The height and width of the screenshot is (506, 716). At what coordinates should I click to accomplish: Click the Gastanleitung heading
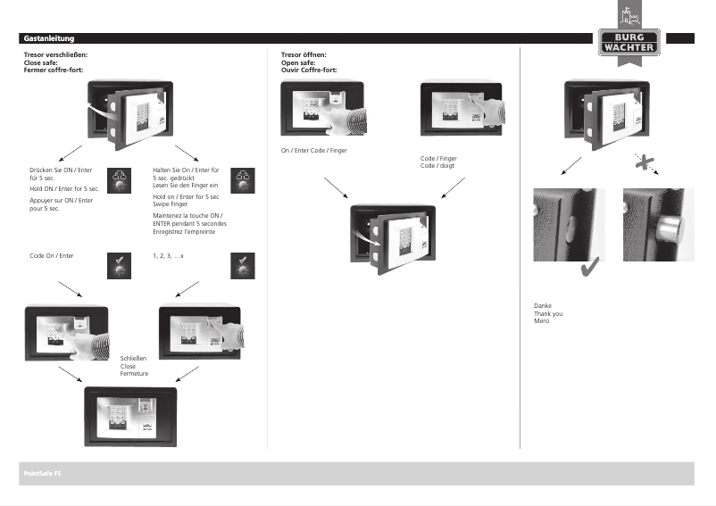pos(49,38)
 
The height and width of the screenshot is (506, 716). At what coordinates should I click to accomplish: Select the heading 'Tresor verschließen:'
pos(54,55)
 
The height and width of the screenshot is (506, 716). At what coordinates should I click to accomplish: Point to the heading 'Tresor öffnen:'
pos(304,55)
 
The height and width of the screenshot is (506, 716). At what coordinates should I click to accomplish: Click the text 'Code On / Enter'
pos(51,256)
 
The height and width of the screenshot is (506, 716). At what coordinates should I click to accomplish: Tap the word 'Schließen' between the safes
pos(133,358)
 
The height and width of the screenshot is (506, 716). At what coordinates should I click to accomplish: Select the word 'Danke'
pos(542,305)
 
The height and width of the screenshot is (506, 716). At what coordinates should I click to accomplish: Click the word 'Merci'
pos(542,320)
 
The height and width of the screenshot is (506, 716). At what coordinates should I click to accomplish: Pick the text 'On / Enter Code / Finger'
pos(314,151)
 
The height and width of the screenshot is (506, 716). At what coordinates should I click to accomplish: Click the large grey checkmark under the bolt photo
pos(589,269)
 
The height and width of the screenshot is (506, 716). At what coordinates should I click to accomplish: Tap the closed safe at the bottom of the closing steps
pos(130,416)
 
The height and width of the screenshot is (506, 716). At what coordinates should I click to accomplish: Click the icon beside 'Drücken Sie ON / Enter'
pos(119,178)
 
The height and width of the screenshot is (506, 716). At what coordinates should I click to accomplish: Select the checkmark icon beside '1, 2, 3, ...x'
pos(243,264)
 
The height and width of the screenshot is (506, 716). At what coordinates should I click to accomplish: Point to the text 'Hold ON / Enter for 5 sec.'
pos(64,189)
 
